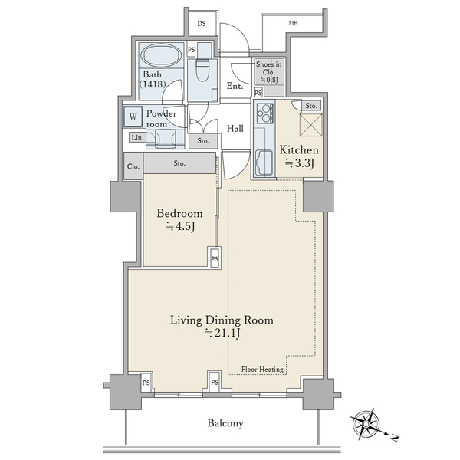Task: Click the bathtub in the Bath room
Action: point(161,55)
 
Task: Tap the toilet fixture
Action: point(203,70)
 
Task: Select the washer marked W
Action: point(133,117)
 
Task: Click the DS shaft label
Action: point(202,24)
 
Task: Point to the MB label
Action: point(293,23)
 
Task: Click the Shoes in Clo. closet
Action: point(269,73)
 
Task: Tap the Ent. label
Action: point(235,86)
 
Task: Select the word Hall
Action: point(235,129)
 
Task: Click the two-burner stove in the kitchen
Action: point(265,113)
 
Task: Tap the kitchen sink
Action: point(264,163)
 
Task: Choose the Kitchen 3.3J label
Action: point(299,156)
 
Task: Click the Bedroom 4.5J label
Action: point(179,220)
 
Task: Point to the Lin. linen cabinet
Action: point(137,137)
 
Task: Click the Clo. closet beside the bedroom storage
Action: point(133,166)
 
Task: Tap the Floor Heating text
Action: point(262,370)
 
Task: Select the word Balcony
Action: point(225,423)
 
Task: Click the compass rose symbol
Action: point(366,424)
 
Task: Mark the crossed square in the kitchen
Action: point(310,125)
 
